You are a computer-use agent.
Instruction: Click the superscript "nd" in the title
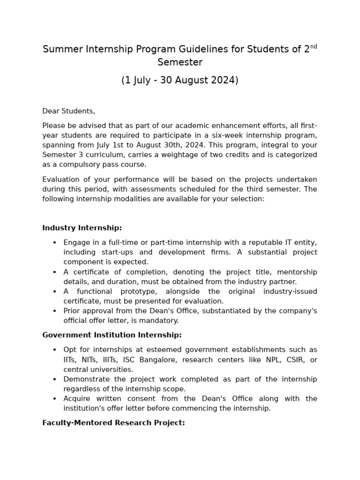point(314,46)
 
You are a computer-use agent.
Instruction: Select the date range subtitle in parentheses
point(180,80)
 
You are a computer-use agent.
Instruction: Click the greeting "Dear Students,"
point(68,111)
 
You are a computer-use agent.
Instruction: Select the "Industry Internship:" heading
point(82,228)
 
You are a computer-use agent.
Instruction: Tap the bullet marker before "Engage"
point(54,243)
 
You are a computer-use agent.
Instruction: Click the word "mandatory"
point(161,321)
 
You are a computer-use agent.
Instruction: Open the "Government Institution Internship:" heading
point(112,335)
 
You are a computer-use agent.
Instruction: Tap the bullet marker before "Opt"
point(54,350)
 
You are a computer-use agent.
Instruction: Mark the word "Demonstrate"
point(85,379)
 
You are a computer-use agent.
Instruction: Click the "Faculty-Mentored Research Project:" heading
point(113,423)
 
